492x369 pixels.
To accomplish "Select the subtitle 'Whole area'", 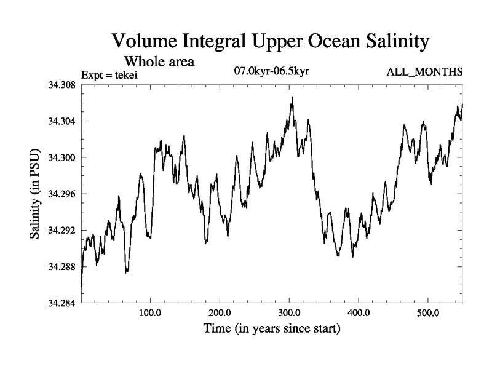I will click(x=160, y=61).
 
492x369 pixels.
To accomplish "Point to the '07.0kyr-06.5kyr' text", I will click(x=271, y=72).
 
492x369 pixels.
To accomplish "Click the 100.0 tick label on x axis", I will click(x=150, y=314).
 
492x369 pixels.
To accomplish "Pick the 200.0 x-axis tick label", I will click(x=220, y=314).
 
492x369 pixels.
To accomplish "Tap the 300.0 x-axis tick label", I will click(x=289, y=314).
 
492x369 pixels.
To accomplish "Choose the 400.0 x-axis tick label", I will click(x=359, y=314).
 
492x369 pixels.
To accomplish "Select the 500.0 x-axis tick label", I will click(x=428, y=314).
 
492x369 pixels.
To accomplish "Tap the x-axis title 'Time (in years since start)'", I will click(x=272, y=329).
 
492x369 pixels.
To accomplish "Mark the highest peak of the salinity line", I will click(x=293, y=97).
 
